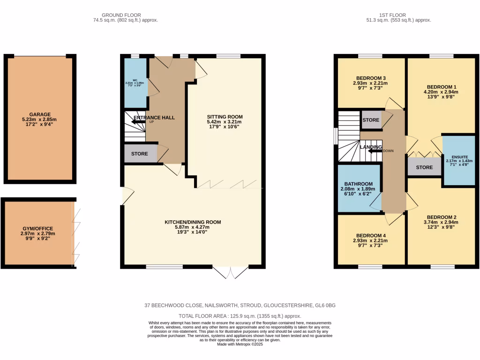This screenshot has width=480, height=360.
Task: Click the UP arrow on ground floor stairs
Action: pos(139,122)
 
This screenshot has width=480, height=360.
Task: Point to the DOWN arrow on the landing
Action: pos(375,151)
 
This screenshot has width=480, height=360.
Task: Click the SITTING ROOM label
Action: pos(225,117)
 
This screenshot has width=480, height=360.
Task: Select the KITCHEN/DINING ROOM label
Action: pos(192,222)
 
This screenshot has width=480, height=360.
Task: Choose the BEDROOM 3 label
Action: pos(371,78)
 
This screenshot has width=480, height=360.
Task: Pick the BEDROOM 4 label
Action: pos(371,235)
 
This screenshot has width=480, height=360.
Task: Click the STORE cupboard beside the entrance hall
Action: pos(140,154)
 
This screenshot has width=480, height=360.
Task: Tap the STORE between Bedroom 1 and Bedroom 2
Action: pos(424,167)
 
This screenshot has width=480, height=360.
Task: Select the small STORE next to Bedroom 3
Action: pos(371,120)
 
